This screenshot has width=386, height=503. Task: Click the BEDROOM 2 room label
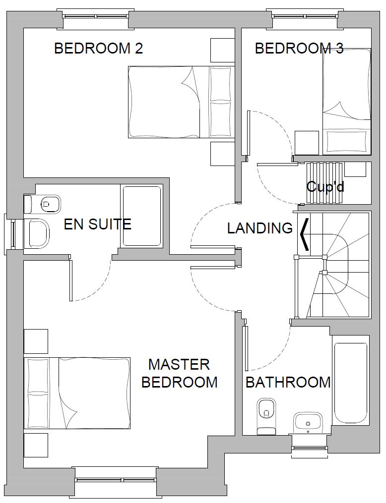pyautogui.click(x=99, y=49)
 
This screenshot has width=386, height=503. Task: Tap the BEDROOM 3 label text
pyautogui.click(x=299, y=49)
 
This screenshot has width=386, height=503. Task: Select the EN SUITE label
pyautogui.click(x=98, y=224)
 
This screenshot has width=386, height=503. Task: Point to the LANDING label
pyautogui.click(x=260, y=228)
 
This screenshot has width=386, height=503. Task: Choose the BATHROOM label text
pyautogui.click(x=288, y=382)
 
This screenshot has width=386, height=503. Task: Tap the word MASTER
pyautogui.click(x=179, y=365)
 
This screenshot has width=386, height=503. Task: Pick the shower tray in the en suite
pyautogui.click(x=141, y=216)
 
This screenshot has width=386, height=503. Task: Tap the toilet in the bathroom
pyautogui.click(x=266, y=416)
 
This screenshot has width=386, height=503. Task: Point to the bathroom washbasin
pyautogui.click(x=308, y=423)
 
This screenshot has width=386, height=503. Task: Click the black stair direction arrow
pyautogui.click(x=305, y=234)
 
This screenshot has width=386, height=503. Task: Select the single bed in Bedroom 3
pyautogui.click(x=346, y=102)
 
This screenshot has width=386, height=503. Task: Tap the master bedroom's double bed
pyautogui.click(x=77, y=393)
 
